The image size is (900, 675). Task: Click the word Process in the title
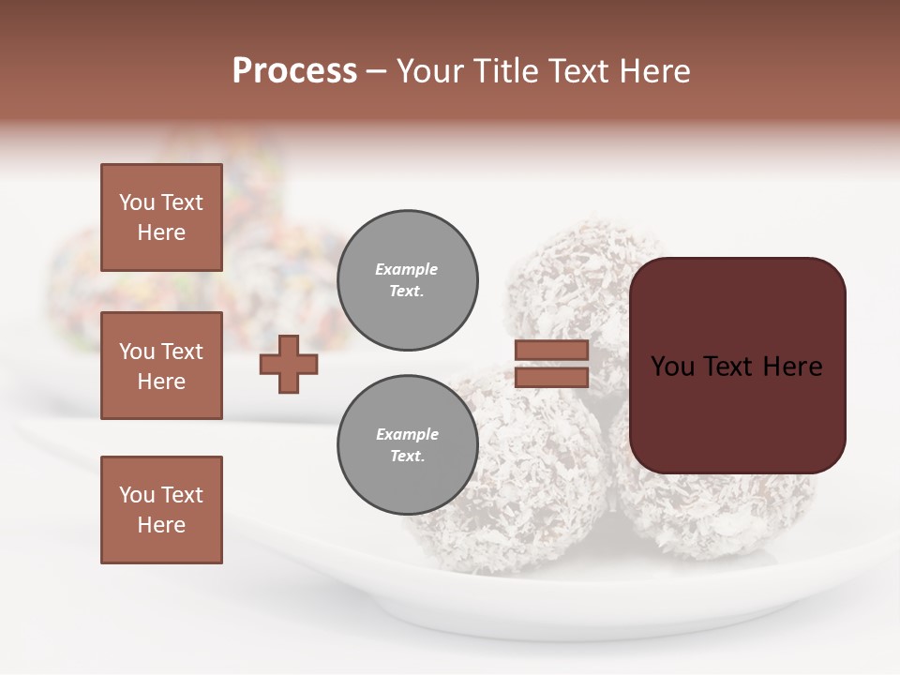coord(294,71)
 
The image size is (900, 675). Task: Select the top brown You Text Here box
coord(161,217)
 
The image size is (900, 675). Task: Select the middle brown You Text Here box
coord(161,366)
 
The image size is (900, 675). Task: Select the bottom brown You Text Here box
coord(161,510)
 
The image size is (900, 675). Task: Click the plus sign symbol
coord(289,364)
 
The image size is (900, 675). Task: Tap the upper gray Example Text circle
coord(407,279)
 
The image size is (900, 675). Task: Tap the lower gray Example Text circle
coord(407,445)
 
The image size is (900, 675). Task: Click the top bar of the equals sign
coord(551,350)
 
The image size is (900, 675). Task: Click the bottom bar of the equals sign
coord(551,378)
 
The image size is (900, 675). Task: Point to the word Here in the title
coord(655,71)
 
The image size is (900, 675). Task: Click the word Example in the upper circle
coord(407,269)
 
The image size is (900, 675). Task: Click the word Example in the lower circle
coord(407,434)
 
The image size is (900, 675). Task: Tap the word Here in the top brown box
coord(161,232)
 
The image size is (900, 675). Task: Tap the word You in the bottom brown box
coord(136,495)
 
